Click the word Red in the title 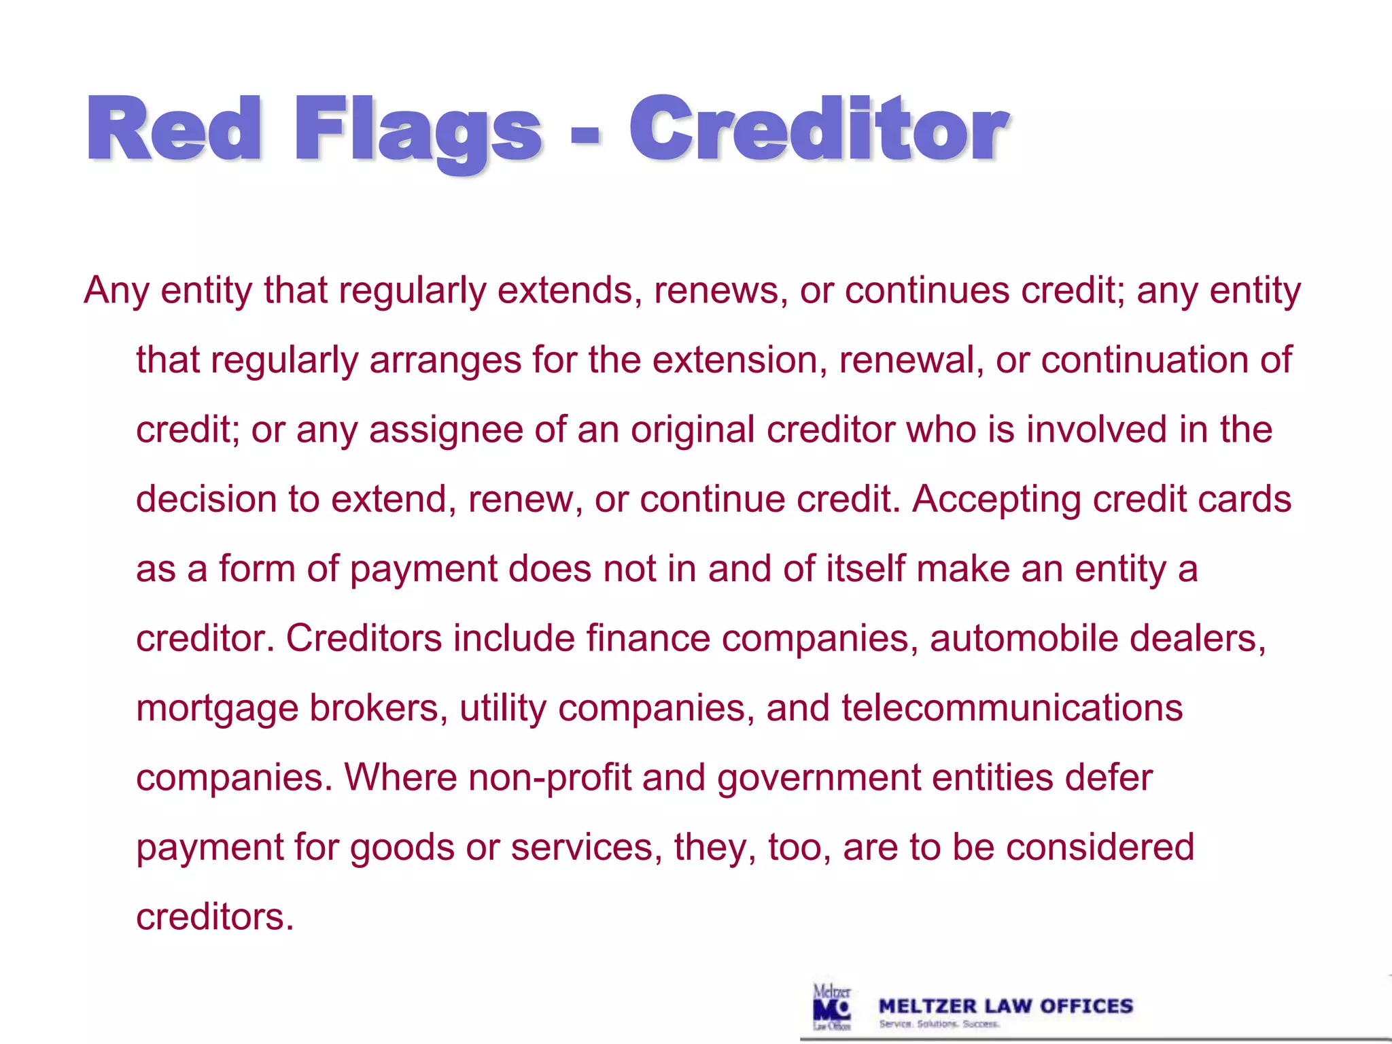[174, 129]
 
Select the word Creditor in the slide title [818, 129]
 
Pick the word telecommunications [1012, 708]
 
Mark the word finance [648, 639]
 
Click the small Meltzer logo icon [832, 1007]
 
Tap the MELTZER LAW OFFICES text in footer [1006, 1006]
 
